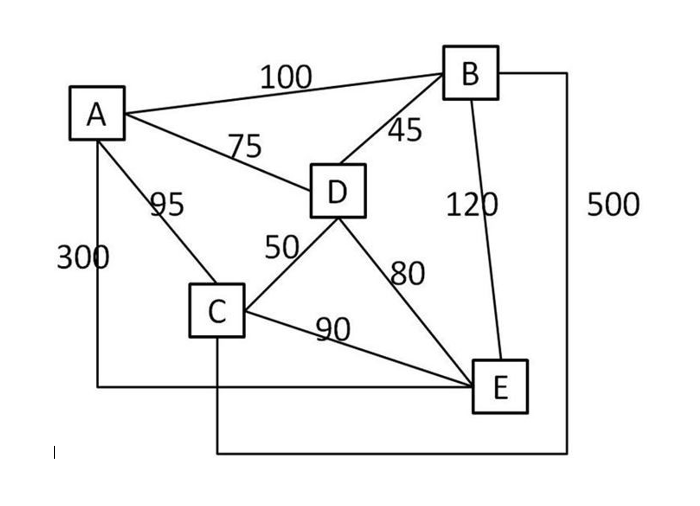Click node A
click(97, 114)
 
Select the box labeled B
click(470, 73)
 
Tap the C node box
click(217, 311)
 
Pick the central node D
click(338, 191)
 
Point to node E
click(500, 386)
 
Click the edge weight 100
click(286, 77)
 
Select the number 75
click(245, 146)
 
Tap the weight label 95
click(167, 205)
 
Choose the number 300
click(83, 257)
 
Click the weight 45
click(405, 130)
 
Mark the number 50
click(282, 248)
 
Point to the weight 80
click(408, 273)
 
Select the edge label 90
click(333, 329)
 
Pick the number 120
click(472, 205)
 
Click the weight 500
click(613, 205)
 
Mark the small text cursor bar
click(54, 452)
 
